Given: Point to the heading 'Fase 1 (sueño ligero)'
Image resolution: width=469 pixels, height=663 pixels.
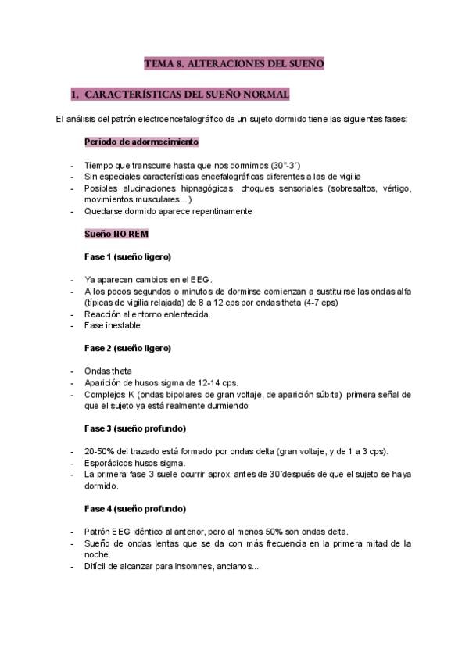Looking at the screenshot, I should tap(127, 256).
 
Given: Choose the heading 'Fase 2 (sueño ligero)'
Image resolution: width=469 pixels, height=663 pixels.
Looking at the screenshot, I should tap(127, 347).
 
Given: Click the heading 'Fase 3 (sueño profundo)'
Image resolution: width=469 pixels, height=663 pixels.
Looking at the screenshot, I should tap(134, 428).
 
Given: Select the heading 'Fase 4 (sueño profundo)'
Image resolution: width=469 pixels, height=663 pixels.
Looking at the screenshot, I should tap(134, 507).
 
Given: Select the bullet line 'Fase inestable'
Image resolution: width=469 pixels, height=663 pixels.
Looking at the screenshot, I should tap(113, 325).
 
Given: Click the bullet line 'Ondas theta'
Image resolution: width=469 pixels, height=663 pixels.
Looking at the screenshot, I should tap(108, 371).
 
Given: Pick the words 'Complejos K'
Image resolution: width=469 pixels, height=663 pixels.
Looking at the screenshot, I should tap(109, 394).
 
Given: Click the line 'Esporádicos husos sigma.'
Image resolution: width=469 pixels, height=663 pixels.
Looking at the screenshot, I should tap(134, 463).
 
